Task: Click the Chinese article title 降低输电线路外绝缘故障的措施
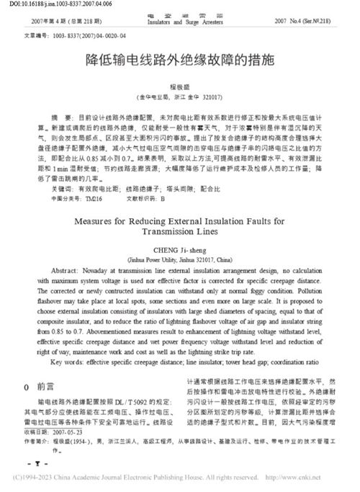[x=180, y=63]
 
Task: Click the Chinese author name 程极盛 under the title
[x=180, y=84]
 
